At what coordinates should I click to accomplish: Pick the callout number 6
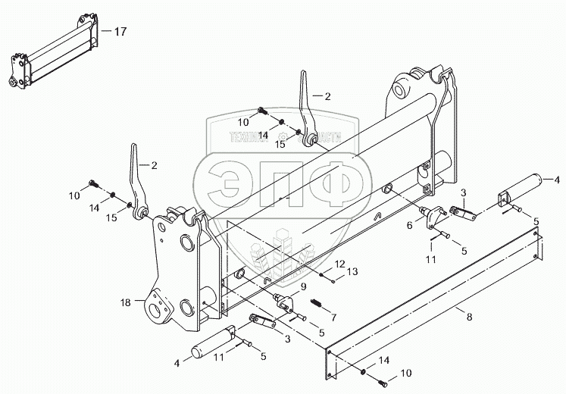tap(409, 225)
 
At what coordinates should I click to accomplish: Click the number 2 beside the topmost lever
tap(328, 96)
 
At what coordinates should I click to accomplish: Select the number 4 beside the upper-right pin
tap(557, 180)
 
